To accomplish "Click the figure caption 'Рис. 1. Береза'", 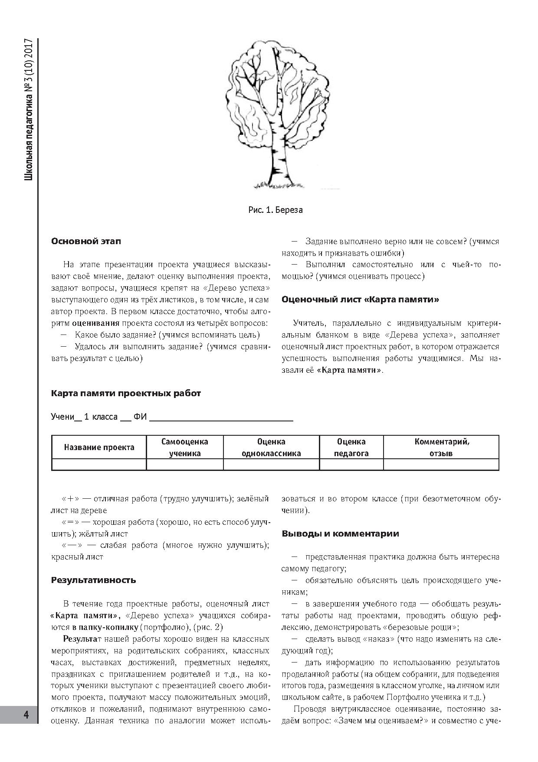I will point(276,210).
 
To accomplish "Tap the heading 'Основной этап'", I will point(86,241).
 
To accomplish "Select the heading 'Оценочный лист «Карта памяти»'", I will point(360,300).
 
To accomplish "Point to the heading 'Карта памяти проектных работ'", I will point(126,394).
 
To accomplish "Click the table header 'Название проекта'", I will point(99,447).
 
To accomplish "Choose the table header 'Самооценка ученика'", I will point(185,447).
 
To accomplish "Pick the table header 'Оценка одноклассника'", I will point(271,447).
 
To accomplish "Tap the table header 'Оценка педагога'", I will point(351,447).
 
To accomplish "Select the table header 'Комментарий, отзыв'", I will point(442,447).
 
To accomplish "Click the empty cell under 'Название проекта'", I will point(99,465).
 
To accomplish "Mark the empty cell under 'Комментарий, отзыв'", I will point(442,465).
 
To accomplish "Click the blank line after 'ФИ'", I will point(221,418).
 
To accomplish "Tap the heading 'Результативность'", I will point(93,580).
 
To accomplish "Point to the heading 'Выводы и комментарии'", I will point(341,534).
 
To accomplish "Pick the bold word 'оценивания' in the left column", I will point(95,323).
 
